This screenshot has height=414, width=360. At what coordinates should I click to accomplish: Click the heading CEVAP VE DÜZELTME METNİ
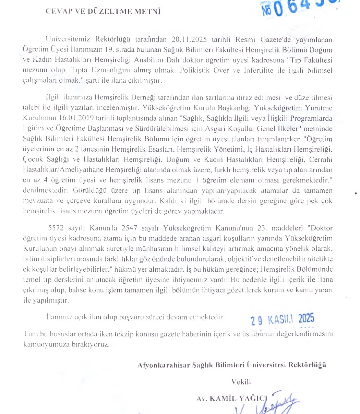[103, 11]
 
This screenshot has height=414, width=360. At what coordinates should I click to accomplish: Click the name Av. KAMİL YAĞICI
[231, 398]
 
